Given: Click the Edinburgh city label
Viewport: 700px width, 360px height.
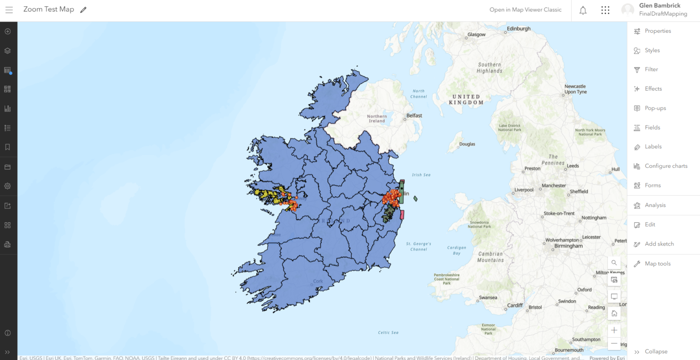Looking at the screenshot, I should pos(519,29).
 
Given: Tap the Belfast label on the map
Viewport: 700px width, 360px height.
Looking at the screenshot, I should pos(414,116).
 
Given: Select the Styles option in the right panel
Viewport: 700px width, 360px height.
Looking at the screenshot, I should pos(652,51).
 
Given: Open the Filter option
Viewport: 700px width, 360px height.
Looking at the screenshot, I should pos(651,70).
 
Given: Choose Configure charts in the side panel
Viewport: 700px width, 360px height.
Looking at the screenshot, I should pos(666,166).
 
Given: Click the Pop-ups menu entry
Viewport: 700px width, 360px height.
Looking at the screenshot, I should pos(655,109).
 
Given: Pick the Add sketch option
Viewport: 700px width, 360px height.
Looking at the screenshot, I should pos(659,244).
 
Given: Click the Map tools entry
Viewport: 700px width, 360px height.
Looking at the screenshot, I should pos(658,264).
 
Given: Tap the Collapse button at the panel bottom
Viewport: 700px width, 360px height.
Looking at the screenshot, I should pos(656,352).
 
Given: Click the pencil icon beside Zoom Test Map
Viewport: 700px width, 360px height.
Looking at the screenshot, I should pos(84,10).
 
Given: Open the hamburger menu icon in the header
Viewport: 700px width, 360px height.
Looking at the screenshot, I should pos(9,10).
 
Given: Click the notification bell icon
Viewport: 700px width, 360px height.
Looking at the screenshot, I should pos(583,10).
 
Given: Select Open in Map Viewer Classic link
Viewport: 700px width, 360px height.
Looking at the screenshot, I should pos(525,10).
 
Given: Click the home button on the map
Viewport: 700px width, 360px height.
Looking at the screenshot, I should pos(614,313).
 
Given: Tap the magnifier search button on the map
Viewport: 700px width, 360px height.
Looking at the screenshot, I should pos(614,263).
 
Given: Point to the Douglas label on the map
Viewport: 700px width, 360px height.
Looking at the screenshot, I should pos(467,144).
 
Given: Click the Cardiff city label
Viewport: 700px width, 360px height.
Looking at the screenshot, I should pos(515,306).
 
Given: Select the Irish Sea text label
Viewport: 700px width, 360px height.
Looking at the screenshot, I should pos(421,175).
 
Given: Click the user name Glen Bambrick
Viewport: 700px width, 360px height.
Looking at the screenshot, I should pos(659,6).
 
